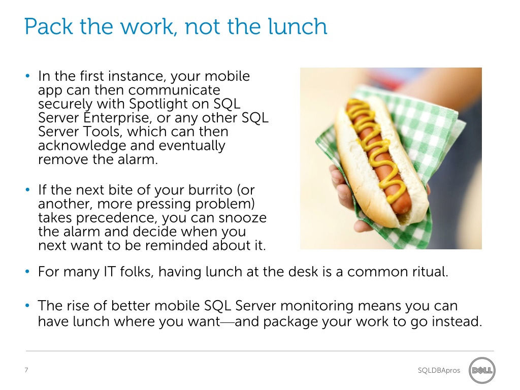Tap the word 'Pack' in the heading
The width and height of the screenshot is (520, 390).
tap(49, 26)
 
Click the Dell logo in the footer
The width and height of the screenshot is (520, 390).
tap(482, 370)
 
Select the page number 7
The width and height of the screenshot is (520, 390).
tap(26, 370)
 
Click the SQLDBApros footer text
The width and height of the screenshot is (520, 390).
tap(439, 370)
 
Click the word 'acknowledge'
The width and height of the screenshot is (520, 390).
tap(82, 146)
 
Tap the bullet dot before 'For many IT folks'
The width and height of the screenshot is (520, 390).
tap(27, 272)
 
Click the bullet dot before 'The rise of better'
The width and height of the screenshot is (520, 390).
tap(27, 306)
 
